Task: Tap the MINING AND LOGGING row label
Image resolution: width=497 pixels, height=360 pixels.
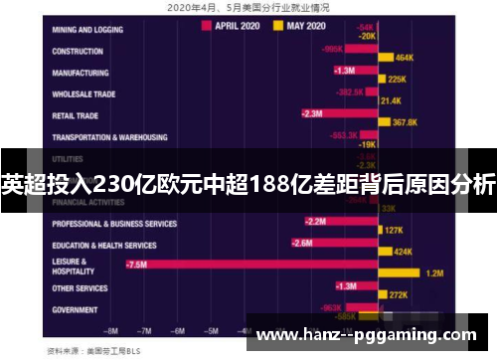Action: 90,31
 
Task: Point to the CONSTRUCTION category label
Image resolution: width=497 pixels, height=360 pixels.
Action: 79,52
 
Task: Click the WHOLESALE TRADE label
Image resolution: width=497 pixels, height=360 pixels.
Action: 85,94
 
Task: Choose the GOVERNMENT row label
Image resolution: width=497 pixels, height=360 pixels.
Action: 76,309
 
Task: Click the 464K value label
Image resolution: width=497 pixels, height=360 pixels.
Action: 405,58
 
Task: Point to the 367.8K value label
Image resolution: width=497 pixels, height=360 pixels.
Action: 405,122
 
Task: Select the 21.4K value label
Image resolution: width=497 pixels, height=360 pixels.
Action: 390,100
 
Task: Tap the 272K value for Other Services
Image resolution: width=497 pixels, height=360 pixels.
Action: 399,294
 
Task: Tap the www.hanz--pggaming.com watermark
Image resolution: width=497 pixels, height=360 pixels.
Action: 367,336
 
